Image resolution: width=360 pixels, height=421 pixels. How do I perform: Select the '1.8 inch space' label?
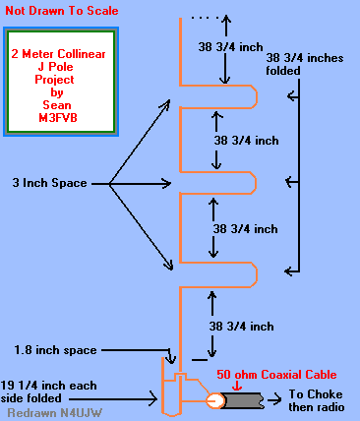click(x=54, y=349)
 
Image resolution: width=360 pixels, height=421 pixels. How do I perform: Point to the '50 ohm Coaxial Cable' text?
click(x=276, y=375)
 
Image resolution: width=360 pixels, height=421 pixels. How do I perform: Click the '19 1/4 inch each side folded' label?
click(x=54, y=392)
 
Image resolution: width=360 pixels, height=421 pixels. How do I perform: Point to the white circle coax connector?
click(x=215, y=399)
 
